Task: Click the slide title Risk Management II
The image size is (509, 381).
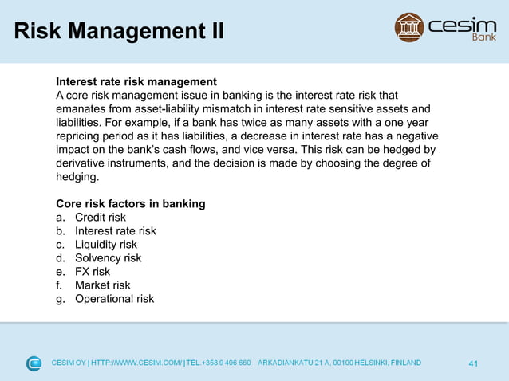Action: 119,32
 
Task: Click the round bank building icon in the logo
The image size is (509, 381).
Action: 409,27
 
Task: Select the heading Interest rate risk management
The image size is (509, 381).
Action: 136,81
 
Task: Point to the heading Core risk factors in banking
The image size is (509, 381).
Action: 130,203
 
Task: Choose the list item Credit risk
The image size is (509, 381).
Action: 101,217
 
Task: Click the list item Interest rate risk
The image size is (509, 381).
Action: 116,230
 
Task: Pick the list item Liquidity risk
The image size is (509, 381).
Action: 106,245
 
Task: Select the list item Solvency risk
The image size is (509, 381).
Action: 109,258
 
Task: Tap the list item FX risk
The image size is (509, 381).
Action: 93,272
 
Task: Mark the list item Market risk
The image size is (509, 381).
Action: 103,285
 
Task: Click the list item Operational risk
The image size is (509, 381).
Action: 115,299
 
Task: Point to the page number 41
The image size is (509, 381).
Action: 473,364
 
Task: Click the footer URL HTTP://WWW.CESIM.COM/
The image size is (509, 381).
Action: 136,363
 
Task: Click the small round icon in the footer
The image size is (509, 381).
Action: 34,363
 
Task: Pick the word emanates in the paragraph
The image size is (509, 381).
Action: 79,108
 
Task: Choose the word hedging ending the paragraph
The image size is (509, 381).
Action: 77,176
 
